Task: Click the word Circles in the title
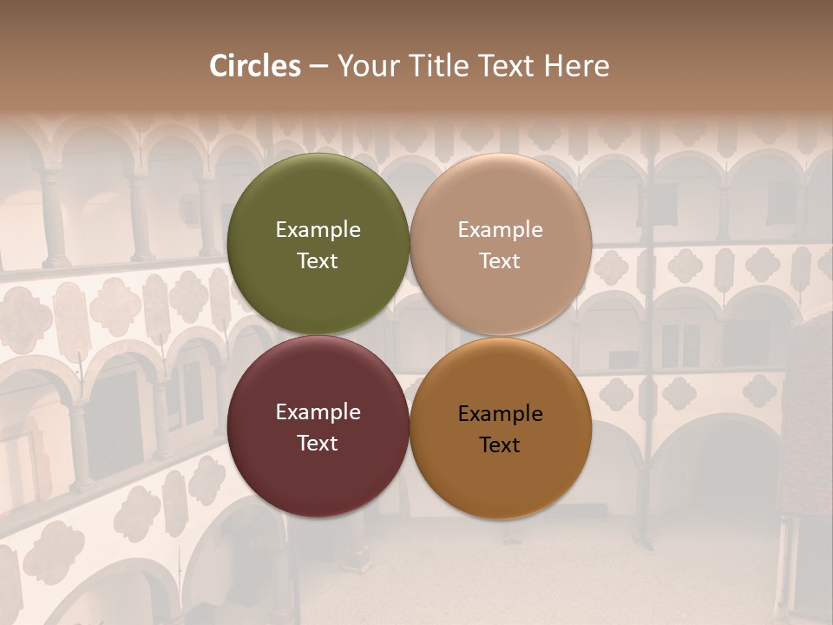coord(255,66)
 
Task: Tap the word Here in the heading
coord(576,66)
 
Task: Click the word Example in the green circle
coord(318,230)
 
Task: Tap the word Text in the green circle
coord(318,261)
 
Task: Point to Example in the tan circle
coord(501,230)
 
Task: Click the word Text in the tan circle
coord(500,261)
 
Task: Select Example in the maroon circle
coord(318,412)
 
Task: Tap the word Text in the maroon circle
coord(318,444)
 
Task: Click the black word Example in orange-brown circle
coord(501,414)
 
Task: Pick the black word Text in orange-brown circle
coord(500,445)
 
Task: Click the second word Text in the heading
coord(503,66)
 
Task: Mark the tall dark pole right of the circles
coord(646,347)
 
